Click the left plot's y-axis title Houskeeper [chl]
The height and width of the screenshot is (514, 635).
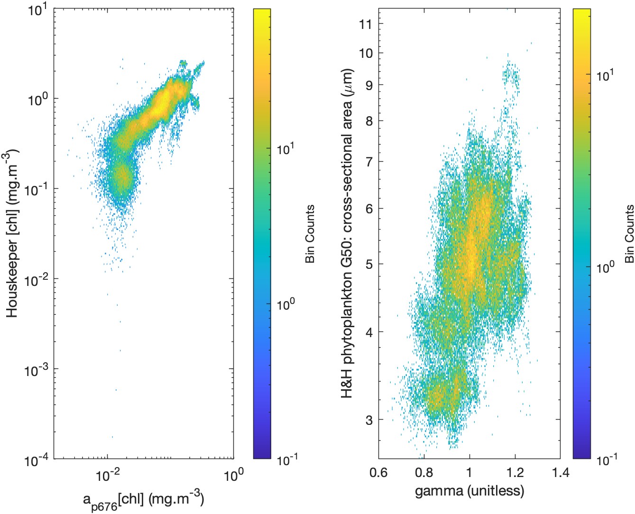(x=13, y=233)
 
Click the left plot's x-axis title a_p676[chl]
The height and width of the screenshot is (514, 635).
(x=144, y=499)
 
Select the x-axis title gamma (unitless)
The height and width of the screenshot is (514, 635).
(x=469, y=491)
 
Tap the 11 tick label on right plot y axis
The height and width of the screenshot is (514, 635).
(x=366, y=24)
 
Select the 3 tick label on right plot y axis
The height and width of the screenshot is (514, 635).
(x=369, y=420)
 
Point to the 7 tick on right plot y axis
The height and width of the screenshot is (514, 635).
(x=369, y=161)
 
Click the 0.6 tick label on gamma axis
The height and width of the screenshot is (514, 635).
(x=378, y=473)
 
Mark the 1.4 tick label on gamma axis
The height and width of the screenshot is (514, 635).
(x=560, y=473)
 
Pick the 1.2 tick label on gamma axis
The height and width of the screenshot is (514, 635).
(x=515, y=473)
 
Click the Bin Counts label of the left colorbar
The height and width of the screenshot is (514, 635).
(x=310, y=234)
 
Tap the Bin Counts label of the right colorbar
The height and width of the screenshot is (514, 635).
(x=629, y=234)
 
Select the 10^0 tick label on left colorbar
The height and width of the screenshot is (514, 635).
(x=285, y=303)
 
